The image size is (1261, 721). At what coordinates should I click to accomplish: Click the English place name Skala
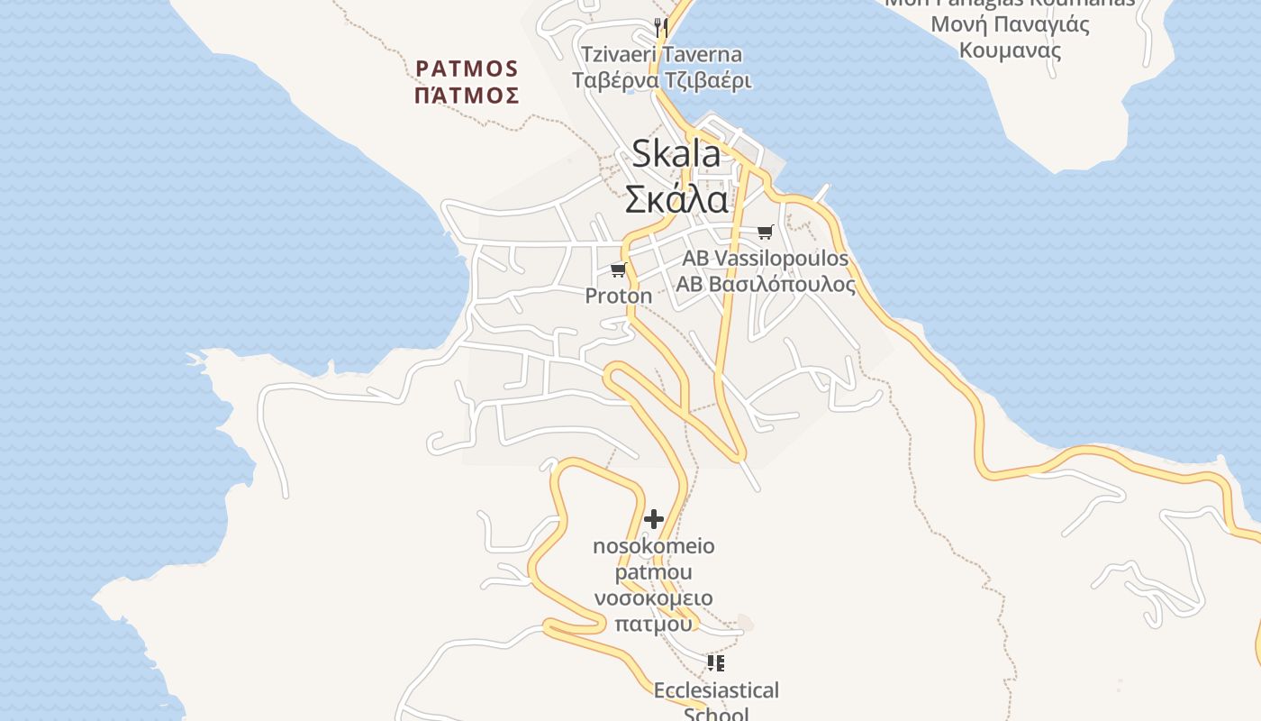[676, 154]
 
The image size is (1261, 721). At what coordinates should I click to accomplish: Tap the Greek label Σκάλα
[676, 198]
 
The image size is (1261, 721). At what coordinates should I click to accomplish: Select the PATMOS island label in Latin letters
[467, 68]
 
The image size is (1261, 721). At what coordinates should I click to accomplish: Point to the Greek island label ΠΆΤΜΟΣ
[467, 95]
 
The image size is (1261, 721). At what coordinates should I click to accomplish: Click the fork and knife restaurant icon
[661, 26]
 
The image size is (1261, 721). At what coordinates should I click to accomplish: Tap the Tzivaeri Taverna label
[662, 54]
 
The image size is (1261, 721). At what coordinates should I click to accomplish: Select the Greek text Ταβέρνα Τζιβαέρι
[662, 80]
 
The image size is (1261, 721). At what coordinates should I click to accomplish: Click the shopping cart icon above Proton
[618, 269]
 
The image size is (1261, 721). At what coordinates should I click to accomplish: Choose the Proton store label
[619, 296]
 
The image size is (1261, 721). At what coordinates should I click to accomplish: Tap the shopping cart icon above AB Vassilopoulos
[766, 232]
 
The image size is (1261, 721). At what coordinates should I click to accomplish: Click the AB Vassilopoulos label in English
[766, 259]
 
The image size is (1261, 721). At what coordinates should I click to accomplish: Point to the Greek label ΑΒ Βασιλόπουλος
[766, 285]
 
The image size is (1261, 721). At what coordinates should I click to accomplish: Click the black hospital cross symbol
[654, 519]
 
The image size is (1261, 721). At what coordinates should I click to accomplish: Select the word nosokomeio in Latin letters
[654, 546]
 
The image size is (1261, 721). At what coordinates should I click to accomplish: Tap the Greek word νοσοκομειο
[654, 598]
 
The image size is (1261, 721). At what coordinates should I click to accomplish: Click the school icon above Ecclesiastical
[716, 664]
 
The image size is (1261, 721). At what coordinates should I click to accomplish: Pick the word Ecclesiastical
[716, 690]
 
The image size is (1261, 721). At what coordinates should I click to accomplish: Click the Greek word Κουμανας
[1010, 50]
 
